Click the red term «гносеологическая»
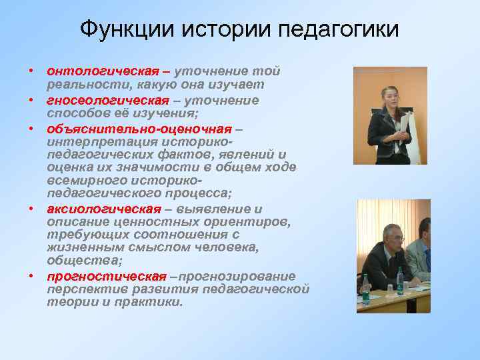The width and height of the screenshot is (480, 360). pos(108,100)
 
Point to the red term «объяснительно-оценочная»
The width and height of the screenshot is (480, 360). pos(139,129)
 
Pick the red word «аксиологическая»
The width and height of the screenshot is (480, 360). pos(104,209)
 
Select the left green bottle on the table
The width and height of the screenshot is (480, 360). pos(365,289)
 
